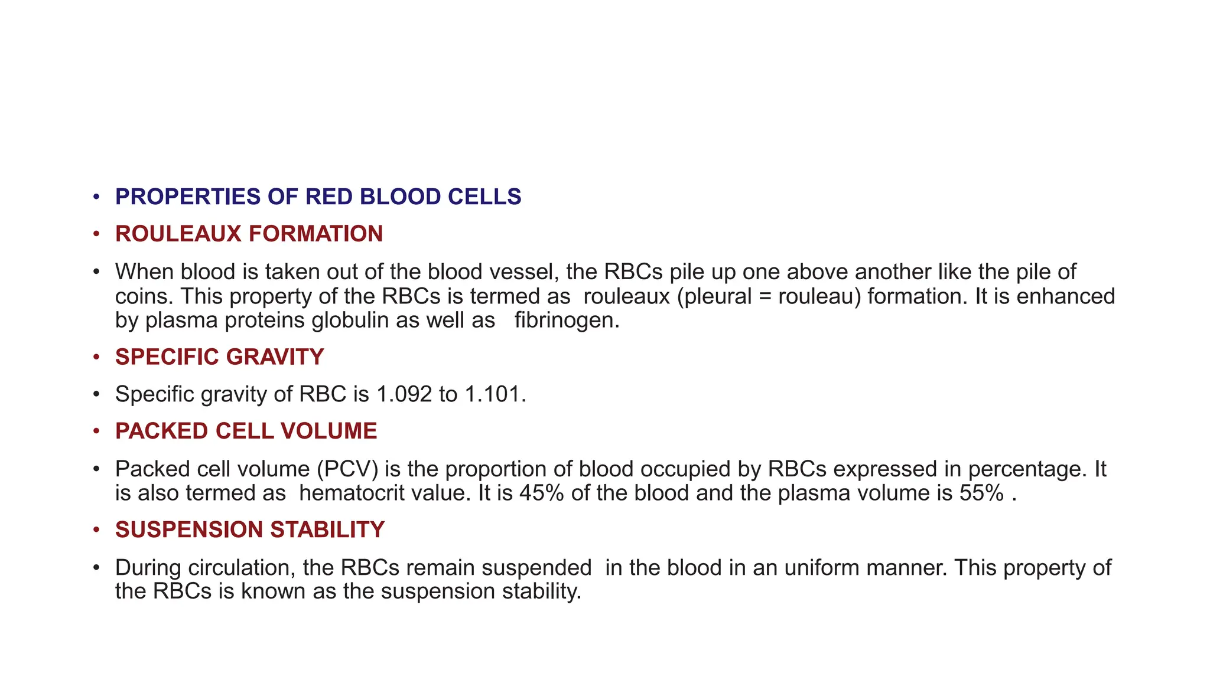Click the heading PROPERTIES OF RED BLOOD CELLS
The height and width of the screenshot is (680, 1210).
pos(318,197)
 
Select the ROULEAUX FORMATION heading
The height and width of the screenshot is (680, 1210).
pos(249,234)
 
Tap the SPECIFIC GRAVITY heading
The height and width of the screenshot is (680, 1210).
pos(219,357)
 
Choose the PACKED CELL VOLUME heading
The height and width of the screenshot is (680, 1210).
pos(246,431)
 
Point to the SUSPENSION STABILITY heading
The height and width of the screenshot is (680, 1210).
pos(249,529)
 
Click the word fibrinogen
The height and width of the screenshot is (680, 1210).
pos(567,321)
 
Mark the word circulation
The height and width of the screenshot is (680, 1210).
pos(242,567)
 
